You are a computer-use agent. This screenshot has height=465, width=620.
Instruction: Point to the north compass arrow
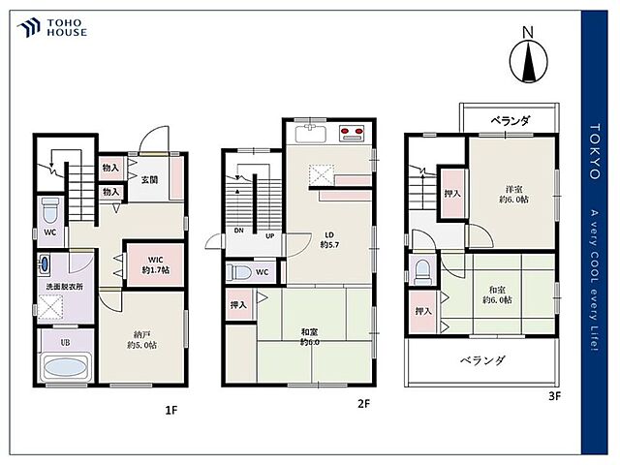(x=528, y=62)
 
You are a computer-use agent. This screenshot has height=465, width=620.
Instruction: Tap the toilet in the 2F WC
(x=238, y=273)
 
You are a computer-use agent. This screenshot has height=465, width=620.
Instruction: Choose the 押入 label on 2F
(x=238, y=305)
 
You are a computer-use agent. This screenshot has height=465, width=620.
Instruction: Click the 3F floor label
(x=555, y=396)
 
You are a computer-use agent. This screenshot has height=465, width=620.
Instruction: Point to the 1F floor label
(x=170, y=410)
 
